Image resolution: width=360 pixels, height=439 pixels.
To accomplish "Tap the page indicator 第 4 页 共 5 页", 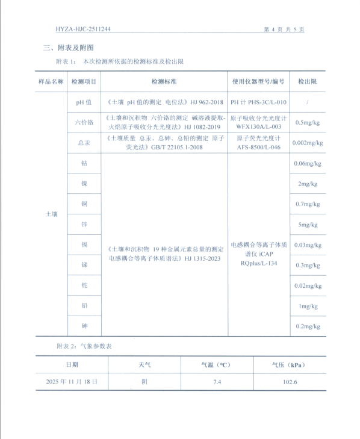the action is [284, 28].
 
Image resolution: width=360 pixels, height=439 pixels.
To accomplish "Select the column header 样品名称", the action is [51, 81].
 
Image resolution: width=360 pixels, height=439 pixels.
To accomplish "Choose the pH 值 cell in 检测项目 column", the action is [84, 102].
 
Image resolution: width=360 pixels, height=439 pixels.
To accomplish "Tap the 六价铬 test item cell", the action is [84, 122].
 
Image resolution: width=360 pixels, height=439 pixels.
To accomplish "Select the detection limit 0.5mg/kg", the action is [308, 122].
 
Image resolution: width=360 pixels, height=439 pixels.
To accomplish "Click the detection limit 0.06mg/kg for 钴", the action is [308, 164].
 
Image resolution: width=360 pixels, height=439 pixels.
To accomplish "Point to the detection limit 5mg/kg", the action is [308, 225].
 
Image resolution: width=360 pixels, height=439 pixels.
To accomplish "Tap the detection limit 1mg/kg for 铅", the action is [308, 306].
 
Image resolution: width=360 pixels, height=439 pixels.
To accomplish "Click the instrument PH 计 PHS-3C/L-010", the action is [259, 102].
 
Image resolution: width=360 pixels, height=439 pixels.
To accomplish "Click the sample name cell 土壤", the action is [51, 214].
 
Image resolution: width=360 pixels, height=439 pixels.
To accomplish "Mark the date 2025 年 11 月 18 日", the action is [72, 382].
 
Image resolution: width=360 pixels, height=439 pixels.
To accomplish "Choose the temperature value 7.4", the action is [217, 382].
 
